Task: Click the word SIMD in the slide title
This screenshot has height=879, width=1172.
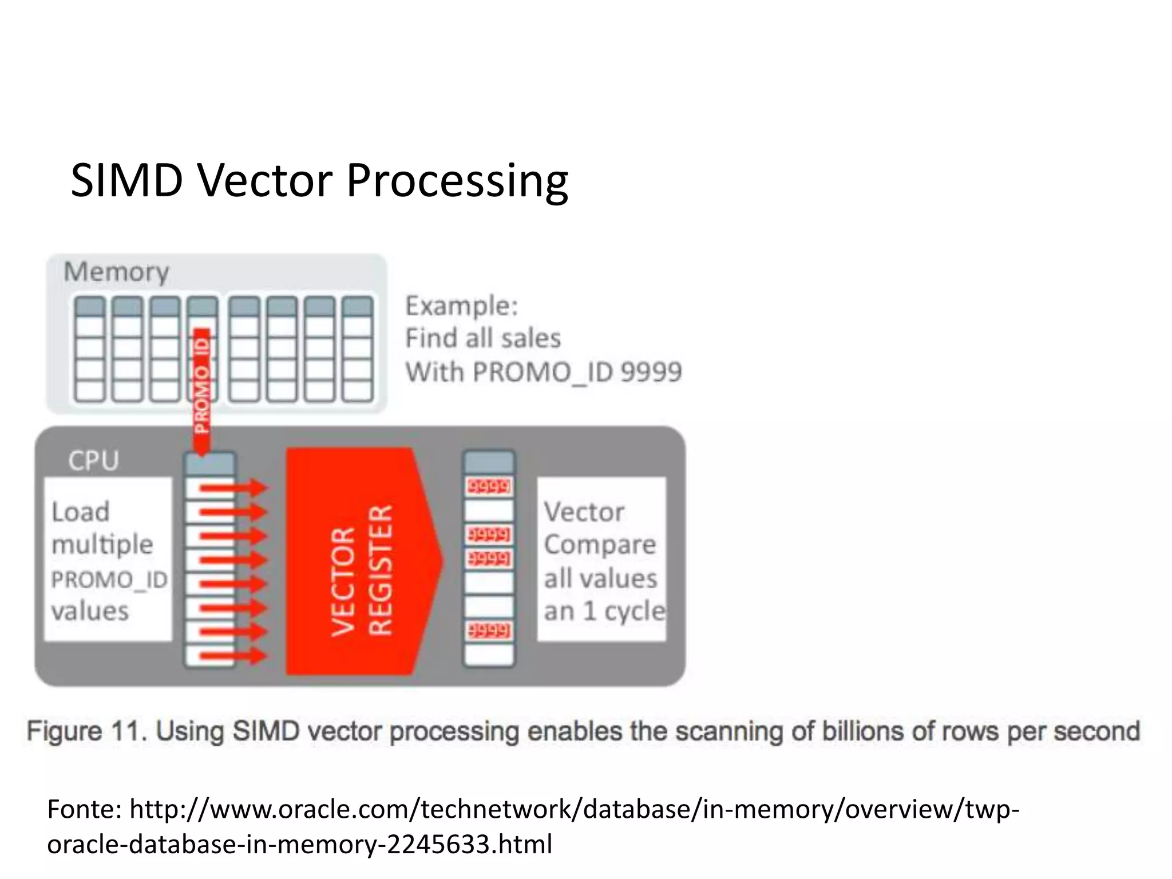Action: [x=126, y=181]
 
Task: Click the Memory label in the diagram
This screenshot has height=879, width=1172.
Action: [x=116, y=271]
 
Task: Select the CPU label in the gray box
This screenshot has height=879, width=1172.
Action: [x=93, y=461]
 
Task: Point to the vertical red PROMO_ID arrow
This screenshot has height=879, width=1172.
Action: [x=201, y=389]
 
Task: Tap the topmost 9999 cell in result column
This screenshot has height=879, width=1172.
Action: [x=489, y=487]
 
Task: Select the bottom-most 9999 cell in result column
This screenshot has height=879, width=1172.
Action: [x=489, y=631]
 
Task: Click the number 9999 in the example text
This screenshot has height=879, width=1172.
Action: [x=651, y=372]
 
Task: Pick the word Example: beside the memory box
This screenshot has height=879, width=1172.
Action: [x=461, y=306]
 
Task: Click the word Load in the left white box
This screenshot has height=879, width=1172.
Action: [x=80, y=512]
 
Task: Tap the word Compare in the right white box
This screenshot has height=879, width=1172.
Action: [x=600, y=544]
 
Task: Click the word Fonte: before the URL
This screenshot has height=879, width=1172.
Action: [x=84, y=809]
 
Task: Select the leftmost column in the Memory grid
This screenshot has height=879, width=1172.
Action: [x=90, y=349]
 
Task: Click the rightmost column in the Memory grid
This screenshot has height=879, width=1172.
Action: [x=358, y=349]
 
